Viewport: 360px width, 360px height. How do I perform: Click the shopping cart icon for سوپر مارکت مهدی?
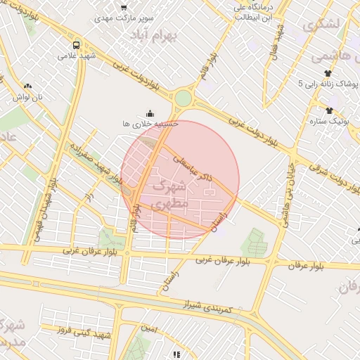pyautogui.click(x=124, y=6)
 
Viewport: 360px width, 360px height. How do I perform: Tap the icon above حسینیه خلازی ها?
pyautogui.click(x=150, y=112)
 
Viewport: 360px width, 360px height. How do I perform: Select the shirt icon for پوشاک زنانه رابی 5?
pyautogui.click(x=328, y=72)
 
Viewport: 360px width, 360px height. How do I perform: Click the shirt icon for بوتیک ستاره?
pyautogui.click(x=328, y=110)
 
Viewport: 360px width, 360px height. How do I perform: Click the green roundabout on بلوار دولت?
pyautogui.click(x=184, y=98)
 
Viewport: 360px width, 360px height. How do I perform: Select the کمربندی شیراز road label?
pyautogui.click(x=211, y=304)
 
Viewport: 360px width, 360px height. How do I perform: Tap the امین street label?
pyautogui.click(x=148, y=328)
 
